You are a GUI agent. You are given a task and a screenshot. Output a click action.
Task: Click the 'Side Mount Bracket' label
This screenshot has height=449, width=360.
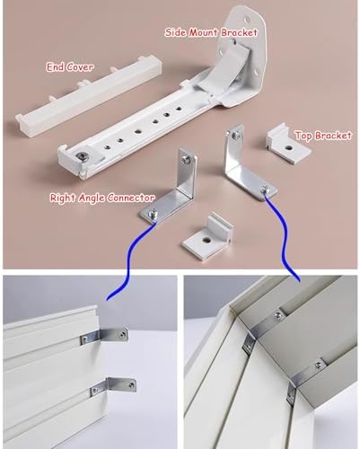(x=211, y=32)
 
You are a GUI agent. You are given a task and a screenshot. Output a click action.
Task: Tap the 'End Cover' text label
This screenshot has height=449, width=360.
(x=69, y=67)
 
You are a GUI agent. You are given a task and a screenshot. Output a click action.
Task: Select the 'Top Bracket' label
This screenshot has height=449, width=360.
(x=323, y=136)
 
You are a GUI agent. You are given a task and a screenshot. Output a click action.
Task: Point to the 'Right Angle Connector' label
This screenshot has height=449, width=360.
(x=102, y=198)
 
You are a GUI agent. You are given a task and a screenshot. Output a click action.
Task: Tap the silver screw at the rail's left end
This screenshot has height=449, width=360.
(x=82, y=156)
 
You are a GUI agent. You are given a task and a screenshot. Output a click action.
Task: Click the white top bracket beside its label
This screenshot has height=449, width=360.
(x=288, y=143)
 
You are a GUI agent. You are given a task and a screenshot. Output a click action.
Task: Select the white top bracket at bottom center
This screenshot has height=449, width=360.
(x=207, y=236)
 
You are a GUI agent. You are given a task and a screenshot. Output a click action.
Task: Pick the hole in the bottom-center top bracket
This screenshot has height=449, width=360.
(x=206, y=240)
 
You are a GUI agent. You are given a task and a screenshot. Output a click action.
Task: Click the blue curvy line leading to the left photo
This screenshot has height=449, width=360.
(x=128, y=263)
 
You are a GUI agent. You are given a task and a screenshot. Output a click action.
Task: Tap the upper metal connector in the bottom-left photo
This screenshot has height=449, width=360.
(x=104, y=336)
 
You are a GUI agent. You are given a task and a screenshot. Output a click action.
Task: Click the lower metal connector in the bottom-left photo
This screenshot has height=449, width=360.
(x=114, y=385)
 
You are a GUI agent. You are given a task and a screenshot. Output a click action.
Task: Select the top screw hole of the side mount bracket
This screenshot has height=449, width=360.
(x=247, y=20)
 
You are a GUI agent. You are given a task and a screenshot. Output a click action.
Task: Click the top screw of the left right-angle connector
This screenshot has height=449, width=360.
(x=186, y=160)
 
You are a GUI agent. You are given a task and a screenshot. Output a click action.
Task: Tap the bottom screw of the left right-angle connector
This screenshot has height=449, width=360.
(x=154, y=212)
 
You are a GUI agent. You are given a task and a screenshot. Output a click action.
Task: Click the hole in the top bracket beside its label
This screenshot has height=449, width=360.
(x=289, y=147)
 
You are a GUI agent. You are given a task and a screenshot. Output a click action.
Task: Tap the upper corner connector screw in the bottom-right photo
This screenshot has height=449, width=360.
(x=279, y=314)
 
